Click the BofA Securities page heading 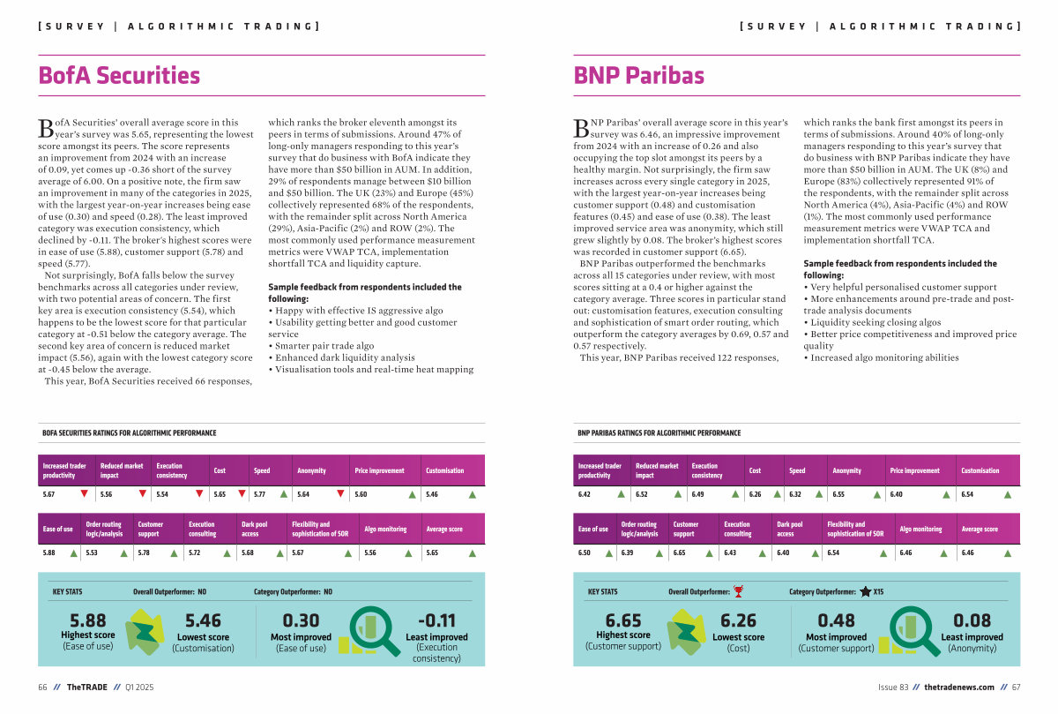point(119,76)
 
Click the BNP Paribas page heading point(638,76)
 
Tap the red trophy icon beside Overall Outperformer point(738,591)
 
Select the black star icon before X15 point(865,591)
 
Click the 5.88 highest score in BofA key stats point(88,620)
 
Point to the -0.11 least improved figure point(437,620)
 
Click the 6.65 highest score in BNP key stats point(623,620)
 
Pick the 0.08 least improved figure point(972,620)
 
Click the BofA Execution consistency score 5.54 point(162,494)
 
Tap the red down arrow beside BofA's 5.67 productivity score point(84,494)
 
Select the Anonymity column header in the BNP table point(846,470)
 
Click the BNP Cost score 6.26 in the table point(755,494)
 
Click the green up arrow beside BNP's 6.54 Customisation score point(1008,494)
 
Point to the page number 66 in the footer point(42,687)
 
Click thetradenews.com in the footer point(959,687)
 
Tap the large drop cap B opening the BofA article point(46,128)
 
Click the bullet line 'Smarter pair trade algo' point(321,346)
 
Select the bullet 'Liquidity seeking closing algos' point(872,322)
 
